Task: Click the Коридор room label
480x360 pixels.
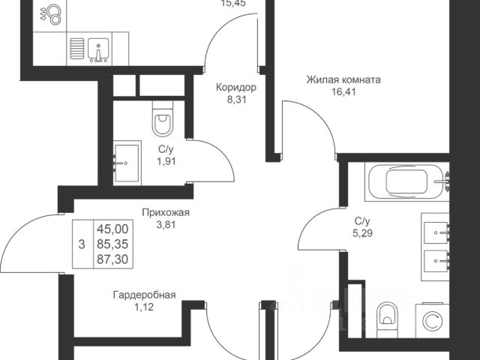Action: tap(236, 87)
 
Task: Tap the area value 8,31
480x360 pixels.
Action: tap(236, 100)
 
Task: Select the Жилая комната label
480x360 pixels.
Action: tap(343, 79)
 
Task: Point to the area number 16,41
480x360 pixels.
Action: tap(343, 92)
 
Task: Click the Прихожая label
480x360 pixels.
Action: tap(166, 212)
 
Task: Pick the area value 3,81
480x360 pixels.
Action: tap(166, 225)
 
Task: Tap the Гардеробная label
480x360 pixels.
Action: tap(146, 295)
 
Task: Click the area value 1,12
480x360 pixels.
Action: tap(146, 307)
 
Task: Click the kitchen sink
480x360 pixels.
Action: tap(98, 49)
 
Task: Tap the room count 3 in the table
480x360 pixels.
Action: tap(81, 244)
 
